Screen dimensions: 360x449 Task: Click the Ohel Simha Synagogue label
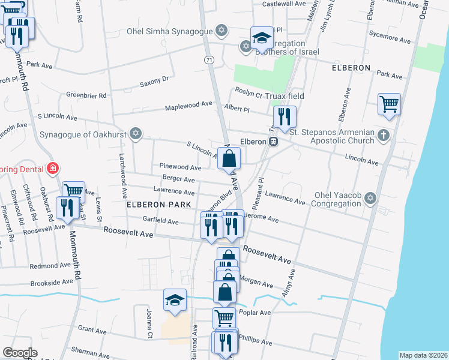pyautogui.click(x=170, y=31)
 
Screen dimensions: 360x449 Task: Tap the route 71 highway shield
pyautogui.click(x=208, y=60)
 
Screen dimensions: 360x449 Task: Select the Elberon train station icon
pyautogui.click(x=273, y=142)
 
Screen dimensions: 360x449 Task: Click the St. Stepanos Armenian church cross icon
pyautogui.click(x=384, y=136)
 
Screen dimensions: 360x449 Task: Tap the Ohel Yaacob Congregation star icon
pyautogui.click(x=370, y=197)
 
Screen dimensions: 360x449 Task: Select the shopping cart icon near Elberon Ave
pyautogui.click(x=389, y=104)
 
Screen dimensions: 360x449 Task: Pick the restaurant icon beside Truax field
pyautogui.click(x=285, y=116)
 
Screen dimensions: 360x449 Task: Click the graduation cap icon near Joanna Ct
pyautogui.click(x=175, y=299)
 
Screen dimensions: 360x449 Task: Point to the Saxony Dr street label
pyautogui.click(x=154, y=80)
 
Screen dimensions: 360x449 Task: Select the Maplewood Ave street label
pyautogui.click(x=190, y=104)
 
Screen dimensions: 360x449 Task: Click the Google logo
pyautogui.click(x=20, y=353)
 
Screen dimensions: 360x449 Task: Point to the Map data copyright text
pyautogui.click(x=424, y=355)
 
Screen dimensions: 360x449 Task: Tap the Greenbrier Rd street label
pyautogui.click(x=86, y=95)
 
